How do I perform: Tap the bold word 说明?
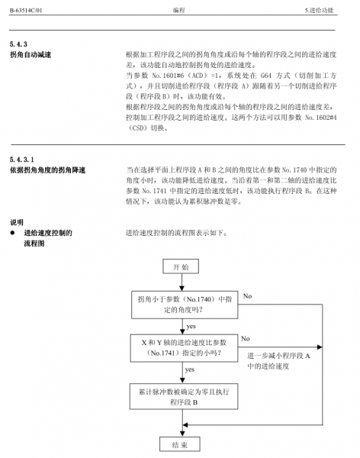[x=17, y=222]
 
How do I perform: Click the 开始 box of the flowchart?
[x=180, y=267]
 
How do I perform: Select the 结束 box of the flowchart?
[x=180, y=443]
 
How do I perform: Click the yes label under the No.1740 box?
[x=191, y=326]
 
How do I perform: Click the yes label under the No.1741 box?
[x=191, y=370]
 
